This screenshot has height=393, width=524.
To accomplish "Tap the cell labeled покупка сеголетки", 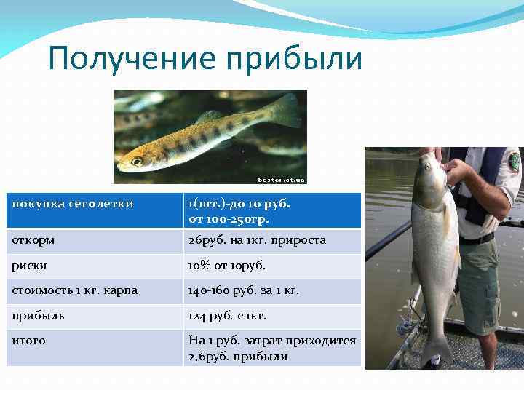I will point(73,204).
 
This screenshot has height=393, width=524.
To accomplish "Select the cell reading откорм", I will point(33,239).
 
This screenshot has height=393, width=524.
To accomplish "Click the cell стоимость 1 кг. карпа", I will point(75,290).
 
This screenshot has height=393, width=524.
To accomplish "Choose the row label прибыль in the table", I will point(38,315).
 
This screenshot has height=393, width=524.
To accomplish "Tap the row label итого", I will point(29,341).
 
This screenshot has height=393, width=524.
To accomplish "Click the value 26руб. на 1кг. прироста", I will point(257,239).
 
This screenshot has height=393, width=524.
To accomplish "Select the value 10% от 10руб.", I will point(227,265).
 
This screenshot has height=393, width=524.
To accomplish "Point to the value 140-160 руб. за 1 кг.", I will point(244,290).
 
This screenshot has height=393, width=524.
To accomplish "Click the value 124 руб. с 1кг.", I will point(227,315).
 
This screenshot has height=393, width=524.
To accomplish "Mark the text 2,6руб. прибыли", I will point(238,357).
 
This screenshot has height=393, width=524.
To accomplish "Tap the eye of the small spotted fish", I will point(138,161).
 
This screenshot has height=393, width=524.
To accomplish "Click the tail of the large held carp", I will point(436,349).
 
